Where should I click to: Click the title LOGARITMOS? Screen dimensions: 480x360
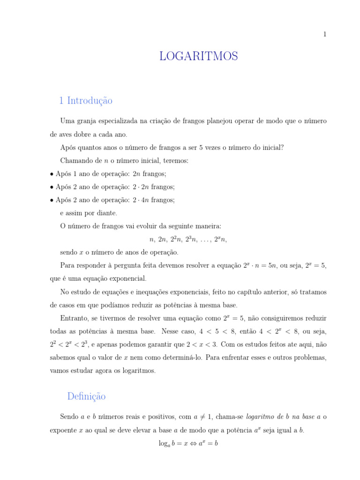point(198,57)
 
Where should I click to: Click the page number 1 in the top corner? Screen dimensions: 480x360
point(324,34)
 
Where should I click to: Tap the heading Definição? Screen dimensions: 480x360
point(86,397)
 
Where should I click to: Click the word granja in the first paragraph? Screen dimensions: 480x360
point(87,121)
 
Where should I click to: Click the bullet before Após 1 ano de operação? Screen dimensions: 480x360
point(52,174)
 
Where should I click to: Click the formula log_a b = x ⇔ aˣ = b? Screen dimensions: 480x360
point(188,443)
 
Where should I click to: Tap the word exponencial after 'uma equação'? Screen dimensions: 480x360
point(127,278)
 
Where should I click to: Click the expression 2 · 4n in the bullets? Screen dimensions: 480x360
point(141,200)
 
